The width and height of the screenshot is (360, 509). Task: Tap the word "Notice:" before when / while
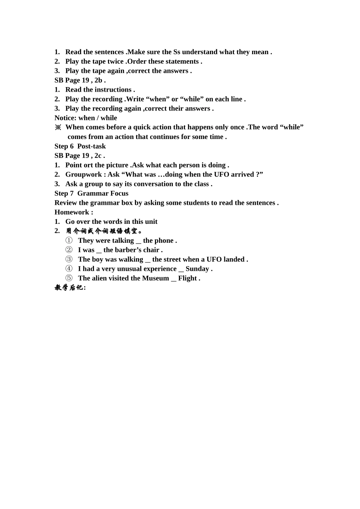pos(66,118)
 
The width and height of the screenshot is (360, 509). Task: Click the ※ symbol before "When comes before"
pos(58,127)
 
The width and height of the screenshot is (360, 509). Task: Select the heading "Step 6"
pos(64,146)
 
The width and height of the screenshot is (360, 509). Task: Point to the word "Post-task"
pos(91,146)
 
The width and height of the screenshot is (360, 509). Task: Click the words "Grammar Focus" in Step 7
pos(103,194)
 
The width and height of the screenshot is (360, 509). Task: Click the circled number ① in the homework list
pos(69,240)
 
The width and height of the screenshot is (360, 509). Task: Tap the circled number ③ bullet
pos(69,259)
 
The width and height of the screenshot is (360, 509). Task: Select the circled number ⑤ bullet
pos(69,278)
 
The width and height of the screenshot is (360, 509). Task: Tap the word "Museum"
pos(155,278)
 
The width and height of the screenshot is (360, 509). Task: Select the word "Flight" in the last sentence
pos(188,278)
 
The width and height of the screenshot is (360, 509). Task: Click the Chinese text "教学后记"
pos(69,288)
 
